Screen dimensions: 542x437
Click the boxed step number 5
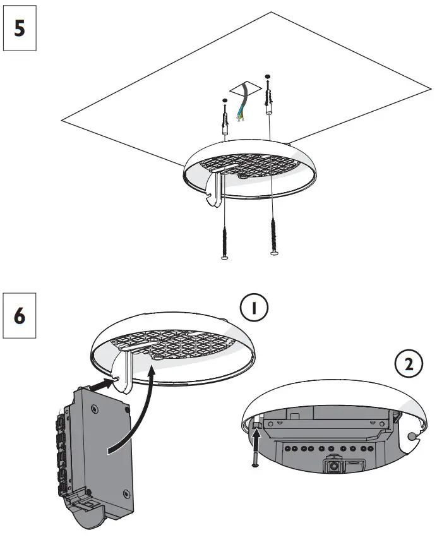tap(20, 30)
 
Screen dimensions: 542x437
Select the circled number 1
tap(254, 308)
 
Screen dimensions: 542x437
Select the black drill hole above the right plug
tap(268, 77)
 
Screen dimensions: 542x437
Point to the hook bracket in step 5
tap(215, 190)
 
